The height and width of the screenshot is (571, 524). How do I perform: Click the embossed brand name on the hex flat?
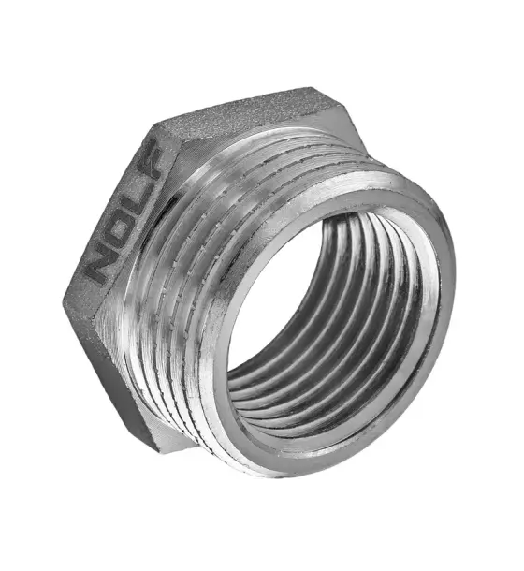124,212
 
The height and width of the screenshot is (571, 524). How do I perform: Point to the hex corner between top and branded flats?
153,125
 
